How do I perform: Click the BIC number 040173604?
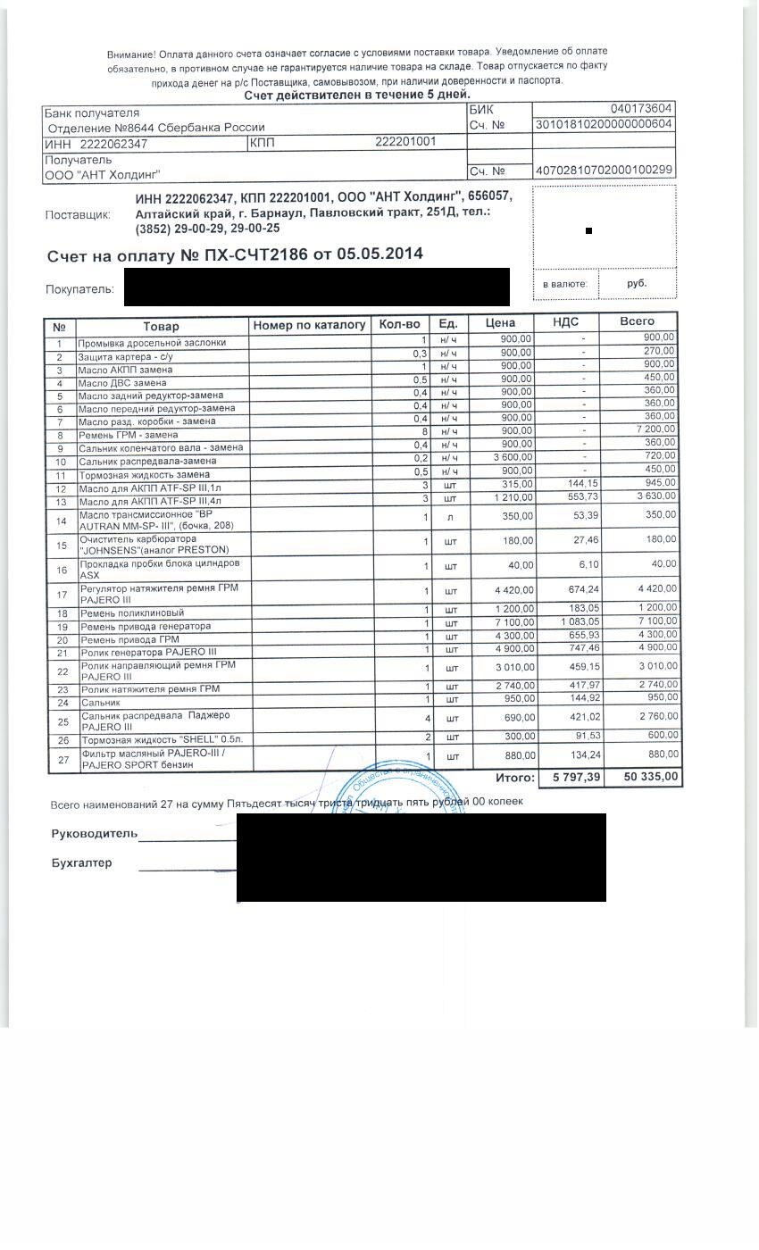(641, 109)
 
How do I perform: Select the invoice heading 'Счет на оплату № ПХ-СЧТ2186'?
(178, 255)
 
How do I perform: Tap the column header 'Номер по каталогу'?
(310, 325)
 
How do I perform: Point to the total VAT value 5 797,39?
(577, 778)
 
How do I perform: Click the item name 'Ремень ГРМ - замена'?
(129, 435)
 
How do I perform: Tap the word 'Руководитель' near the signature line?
(95, 834)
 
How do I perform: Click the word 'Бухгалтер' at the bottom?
(82, 863)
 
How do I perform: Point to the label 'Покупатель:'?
(79, 289)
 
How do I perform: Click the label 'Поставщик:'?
(78, 215)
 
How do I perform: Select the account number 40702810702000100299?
(604, 171)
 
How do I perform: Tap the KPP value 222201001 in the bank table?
(405, 142)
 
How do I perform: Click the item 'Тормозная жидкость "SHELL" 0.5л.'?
(162, 740)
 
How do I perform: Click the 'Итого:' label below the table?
(514, 778)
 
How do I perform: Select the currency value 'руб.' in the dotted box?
(637, 284)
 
